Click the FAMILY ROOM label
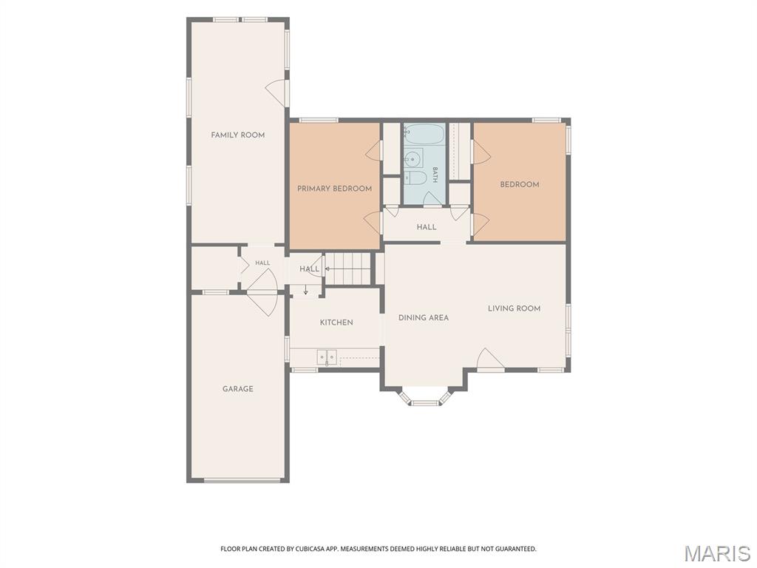237,135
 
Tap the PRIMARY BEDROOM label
334,189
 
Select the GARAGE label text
237,388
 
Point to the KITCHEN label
336,322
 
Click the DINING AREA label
424,317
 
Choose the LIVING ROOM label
514,308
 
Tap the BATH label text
435,175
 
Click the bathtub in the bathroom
424,135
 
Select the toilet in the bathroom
415,177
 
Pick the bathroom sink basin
413,158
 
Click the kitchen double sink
327,357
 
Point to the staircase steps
347,268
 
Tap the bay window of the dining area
424,396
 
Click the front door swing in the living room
490,359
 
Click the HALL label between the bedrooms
427,226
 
